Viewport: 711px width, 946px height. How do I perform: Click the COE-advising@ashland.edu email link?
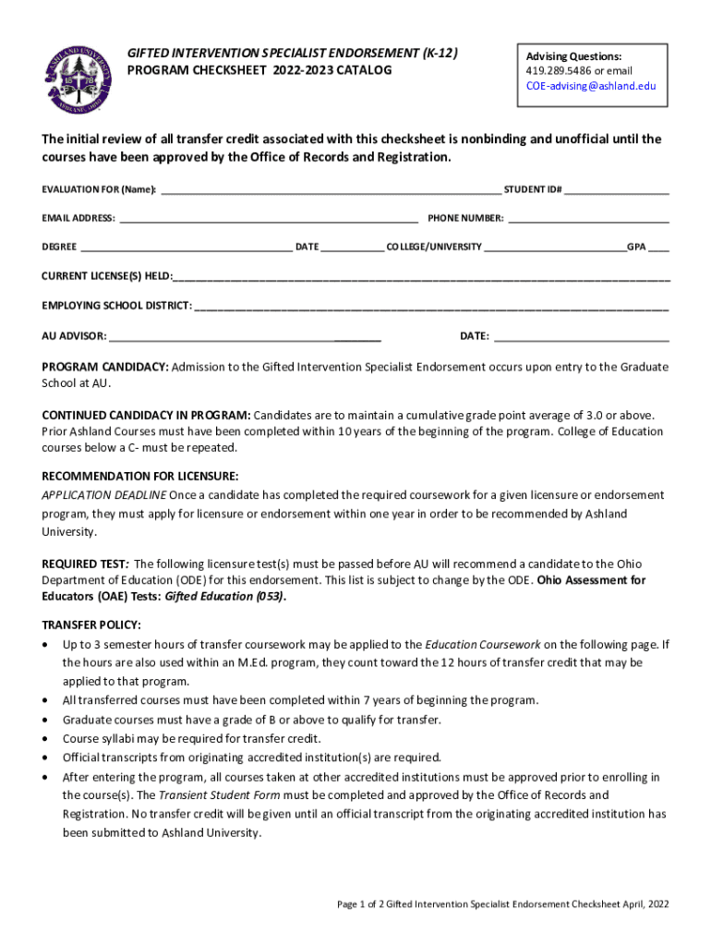click(590, 86)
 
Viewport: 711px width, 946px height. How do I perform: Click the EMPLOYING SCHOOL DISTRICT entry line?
click(431, 307)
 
